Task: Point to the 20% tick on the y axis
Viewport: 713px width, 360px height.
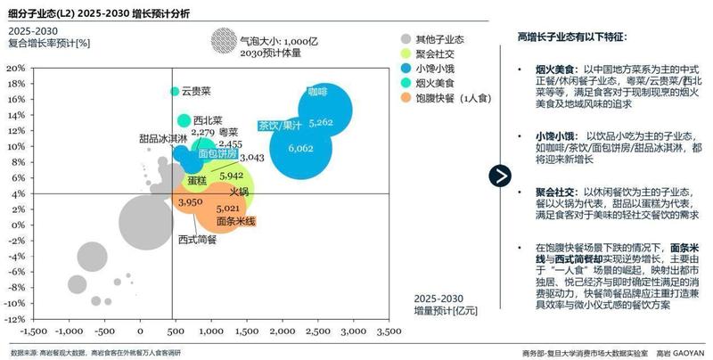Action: [17, 68]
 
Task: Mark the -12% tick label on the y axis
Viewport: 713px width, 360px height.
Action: [15, 318]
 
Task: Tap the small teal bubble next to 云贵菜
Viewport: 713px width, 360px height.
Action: [175, 91]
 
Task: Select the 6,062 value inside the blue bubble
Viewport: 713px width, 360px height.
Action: [300, 148]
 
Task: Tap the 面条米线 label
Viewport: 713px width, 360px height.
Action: [235, 221]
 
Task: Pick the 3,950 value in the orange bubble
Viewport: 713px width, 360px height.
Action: [190, 203]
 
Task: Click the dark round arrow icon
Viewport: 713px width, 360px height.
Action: [501, 176]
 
